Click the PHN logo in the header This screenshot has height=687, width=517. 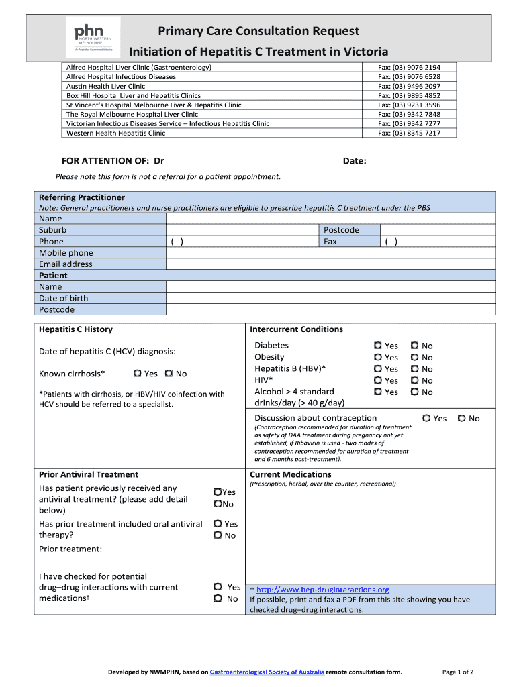(93, 37)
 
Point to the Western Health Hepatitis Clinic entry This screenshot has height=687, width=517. (115, 134)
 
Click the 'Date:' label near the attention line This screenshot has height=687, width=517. (355, 161)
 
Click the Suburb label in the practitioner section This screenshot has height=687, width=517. (53, 230)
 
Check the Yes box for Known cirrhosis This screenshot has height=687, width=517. (137, 374)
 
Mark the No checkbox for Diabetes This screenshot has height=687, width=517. (415, 346)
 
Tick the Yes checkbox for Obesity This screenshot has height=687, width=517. (378, 358)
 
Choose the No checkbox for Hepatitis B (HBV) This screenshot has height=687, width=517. (415, 369)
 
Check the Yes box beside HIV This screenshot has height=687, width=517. (378, 380)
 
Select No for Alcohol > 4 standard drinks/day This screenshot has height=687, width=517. (415, 392)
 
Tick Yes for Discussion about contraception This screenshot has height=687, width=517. (426, 418)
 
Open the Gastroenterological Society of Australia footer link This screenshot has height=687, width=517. (267, 672)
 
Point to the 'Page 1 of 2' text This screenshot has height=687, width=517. (458, 672)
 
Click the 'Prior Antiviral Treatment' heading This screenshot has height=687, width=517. (89, 474)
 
